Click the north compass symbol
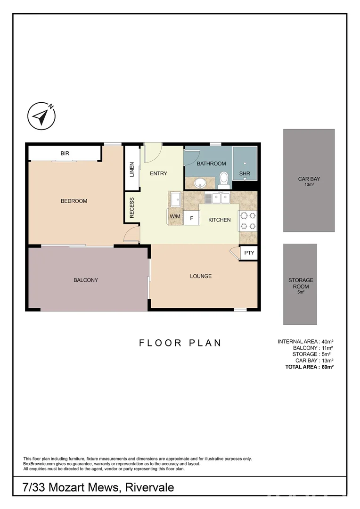tap(41, 115)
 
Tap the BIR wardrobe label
tap(65, 153)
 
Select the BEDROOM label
tap(74, 201)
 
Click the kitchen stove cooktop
tap(248, 221)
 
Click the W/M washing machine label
tap(175, 216)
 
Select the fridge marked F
tap(191, 218)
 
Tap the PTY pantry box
tap(249, 253)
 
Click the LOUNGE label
tap(201, 276)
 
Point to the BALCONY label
tap(86, 280)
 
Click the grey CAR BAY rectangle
tap(309, 181)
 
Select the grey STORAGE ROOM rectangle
tap(300, 284)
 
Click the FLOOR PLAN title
tap(180, 343)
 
